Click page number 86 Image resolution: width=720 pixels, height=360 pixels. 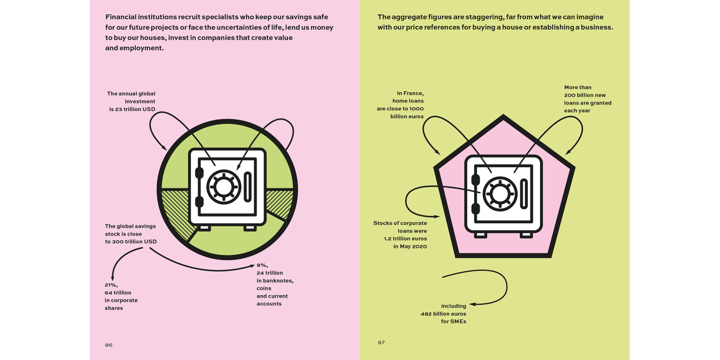[108, 345]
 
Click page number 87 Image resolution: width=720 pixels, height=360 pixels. [381, 342]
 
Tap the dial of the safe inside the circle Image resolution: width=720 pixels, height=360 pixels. [223, 187]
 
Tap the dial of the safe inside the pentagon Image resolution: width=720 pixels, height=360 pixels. [500, 194]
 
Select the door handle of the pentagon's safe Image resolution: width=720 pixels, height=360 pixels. [524, 194]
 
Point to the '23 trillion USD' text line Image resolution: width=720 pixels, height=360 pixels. [132, 109]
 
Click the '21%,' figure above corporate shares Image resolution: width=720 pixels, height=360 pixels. [111, 285]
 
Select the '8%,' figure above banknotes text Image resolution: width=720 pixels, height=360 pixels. [262, 265]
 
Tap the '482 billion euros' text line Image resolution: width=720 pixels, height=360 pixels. [443, 314]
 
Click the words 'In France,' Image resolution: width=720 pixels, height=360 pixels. [410, 93]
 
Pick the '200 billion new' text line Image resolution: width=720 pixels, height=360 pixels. [585, 95]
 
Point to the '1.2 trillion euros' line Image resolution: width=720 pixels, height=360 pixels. [405, 239]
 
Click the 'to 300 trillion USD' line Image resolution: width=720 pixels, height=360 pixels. [131, 242]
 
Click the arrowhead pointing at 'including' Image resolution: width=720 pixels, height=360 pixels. [472, 304]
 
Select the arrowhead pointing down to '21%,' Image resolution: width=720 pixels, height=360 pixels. [112, 278]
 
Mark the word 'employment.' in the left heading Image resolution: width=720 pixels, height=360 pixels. [142, 48]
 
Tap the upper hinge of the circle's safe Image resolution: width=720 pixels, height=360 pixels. [199, 173]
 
